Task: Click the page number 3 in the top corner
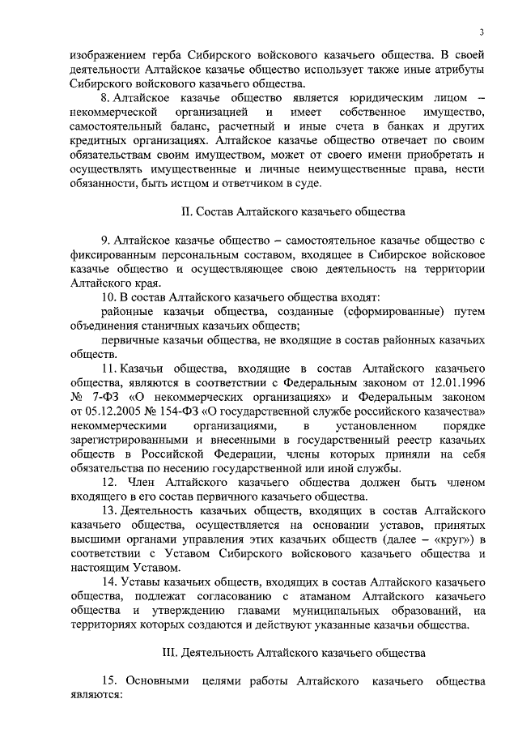click(481, 32)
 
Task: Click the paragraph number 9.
click(105, 241)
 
